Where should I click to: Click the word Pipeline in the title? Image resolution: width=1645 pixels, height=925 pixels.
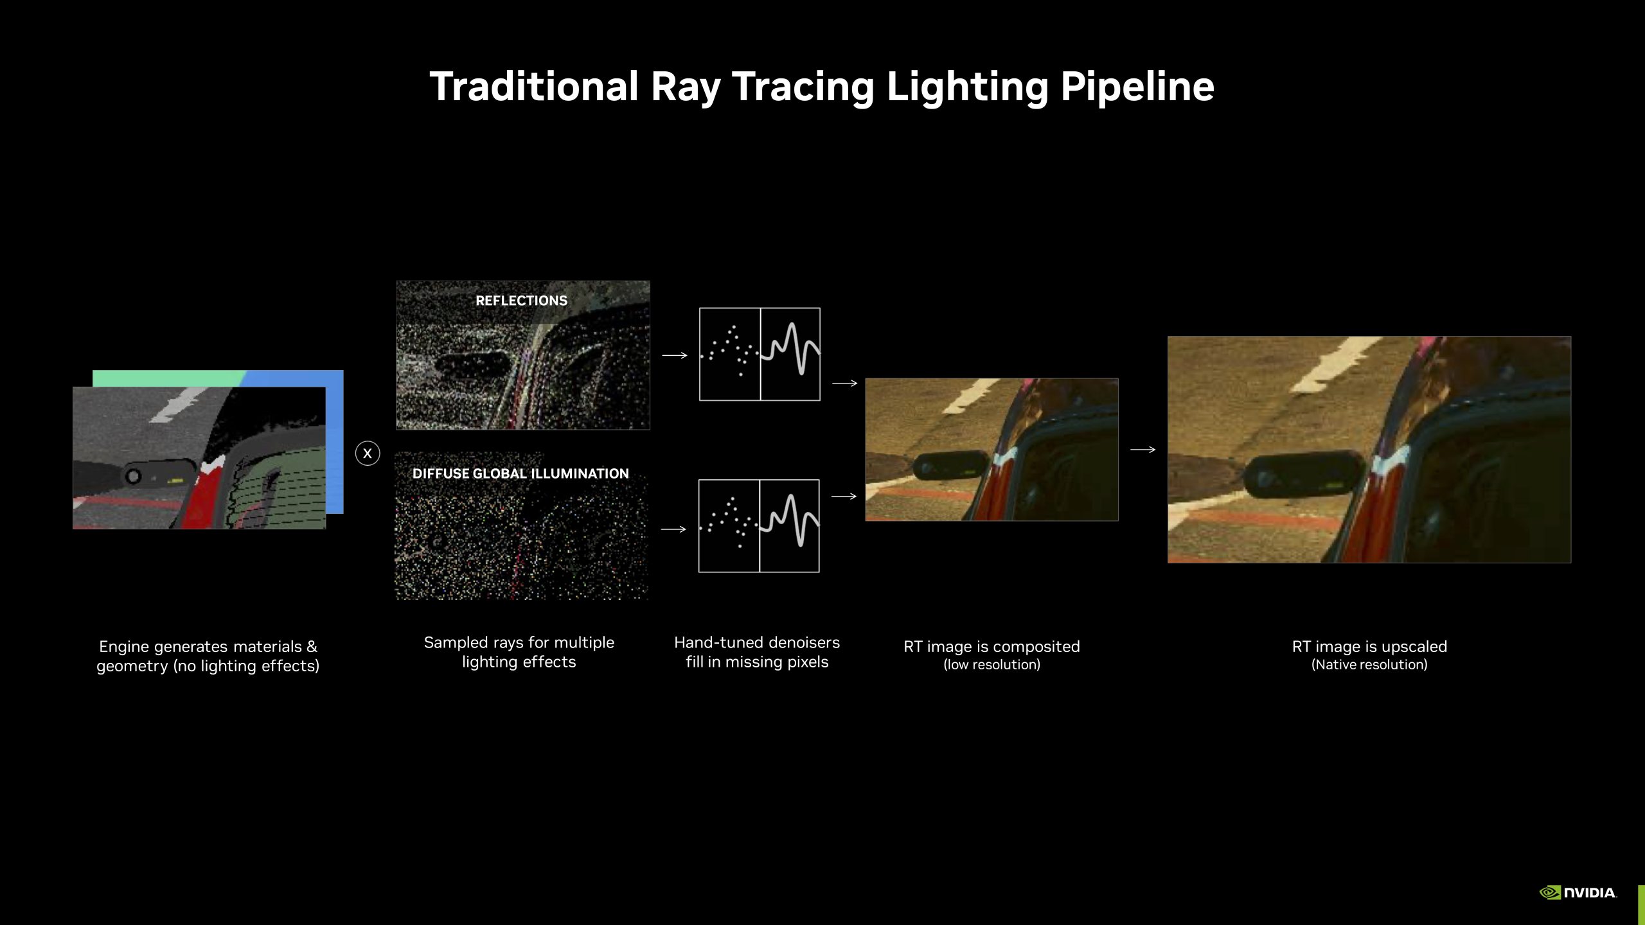click(1137, 87)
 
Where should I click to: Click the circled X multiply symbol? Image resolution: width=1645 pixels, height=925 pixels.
click(368, 454)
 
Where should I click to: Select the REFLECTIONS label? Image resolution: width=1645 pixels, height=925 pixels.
click(521, 301)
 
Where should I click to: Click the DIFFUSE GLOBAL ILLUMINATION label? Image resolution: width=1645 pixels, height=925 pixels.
click(520, 473)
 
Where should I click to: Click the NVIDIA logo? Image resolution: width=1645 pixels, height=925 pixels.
click(1578, 892)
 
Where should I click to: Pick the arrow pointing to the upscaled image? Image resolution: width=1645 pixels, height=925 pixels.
click(1143, 450)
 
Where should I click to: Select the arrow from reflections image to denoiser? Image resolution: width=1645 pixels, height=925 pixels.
click(675, 355)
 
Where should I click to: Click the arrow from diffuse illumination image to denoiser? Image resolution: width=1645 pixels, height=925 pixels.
click(673, 529)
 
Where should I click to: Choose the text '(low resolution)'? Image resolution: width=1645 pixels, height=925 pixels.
click(991, 665)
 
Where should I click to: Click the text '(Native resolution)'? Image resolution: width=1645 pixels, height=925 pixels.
click(1369, 665)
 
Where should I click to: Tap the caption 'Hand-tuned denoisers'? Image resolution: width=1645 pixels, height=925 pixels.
click(757, 642)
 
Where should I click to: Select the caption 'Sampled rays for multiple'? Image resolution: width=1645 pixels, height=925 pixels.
click(519, 642)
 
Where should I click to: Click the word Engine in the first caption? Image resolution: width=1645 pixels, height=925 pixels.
click(124, 647)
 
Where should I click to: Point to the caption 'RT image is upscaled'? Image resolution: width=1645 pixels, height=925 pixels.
click(1369, 646)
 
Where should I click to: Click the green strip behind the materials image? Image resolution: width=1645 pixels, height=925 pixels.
click(167, 378)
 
